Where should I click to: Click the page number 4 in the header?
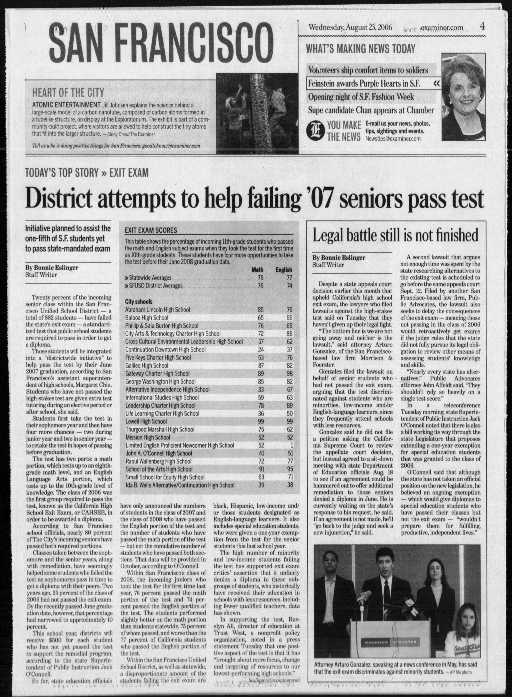pyautogui.click(x=482, y=27)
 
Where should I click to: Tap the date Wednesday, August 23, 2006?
pyautogui.click(x=350, y=28)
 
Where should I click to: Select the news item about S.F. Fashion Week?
pyautogui.click(x=361, y=97)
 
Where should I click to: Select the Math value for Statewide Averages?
pyautogui.click(x=260, y=278)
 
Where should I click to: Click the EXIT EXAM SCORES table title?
pyautogui.click(x=151, y=230)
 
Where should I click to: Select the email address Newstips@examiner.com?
pyautogui.click(x=393, y=139)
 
